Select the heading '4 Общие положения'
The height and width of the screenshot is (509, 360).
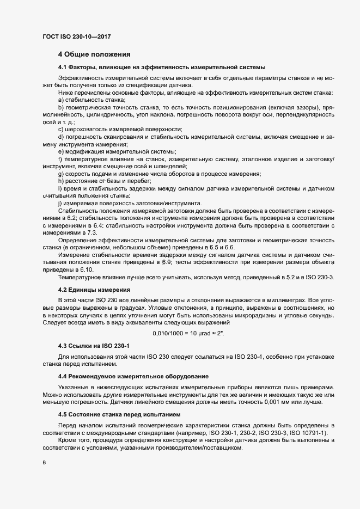point(94,54)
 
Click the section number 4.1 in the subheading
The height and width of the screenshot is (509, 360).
point(64,67)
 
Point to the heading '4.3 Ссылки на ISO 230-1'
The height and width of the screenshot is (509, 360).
point(94,346)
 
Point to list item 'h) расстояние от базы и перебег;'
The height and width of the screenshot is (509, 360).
point(105,181)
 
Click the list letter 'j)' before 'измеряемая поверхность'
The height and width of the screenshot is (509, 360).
point(60,203)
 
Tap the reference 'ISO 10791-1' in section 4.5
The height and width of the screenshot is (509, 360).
point(298,432)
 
